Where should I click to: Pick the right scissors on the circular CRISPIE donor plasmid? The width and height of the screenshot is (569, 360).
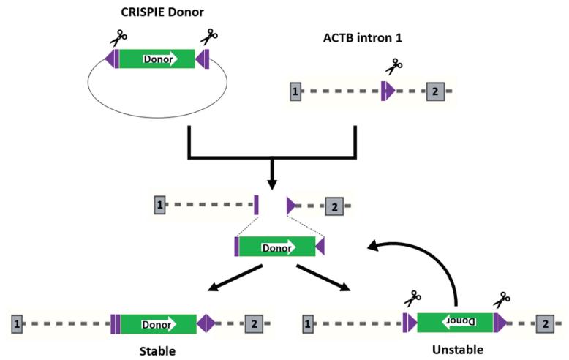[209, 36]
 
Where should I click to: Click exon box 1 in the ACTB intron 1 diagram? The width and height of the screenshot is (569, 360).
[295, 91]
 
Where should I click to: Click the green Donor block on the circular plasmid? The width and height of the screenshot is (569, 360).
[157, 59]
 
